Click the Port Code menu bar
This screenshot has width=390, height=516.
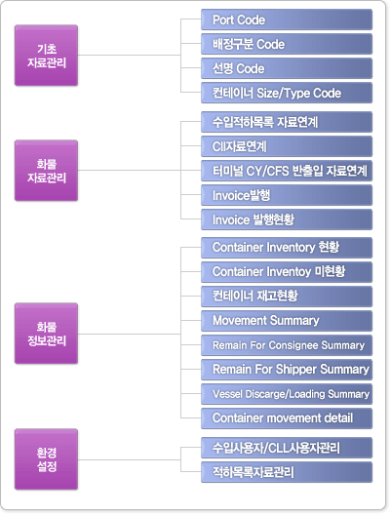click(287, 20)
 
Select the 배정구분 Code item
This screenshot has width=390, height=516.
click(287, 44)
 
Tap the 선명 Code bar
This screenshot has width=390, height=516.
click(287, 68)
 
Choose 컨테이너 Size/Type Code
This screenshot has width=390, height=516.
click(287, 93)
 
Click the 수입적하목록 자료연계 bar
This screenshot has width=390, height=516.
click(287, 122)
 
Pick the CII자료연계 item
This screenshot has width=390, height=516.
click(287, 146)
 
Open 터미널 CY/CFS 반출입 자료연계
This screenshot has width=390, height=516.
click(287, 171)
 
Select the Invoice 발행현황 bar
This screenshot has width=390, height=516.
click(287, 219)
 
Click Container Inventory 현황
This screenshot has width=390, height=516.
click(287, 248)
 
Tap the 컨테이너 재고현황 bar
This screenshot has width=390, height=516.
click(287, 297)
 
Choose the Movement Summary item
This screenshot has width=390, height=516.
click(287, 321)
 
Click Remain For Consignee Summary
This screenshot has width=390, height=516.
click(287, 345)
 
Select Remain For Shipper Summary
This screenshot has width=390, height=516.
click(287, 370)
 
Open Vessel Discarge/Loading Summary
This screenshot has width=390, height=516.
click(287, 394)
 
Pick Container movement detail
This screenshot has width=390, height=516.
click(287, 418)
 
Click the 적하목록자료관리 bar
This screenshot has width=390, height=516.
click(287, 472)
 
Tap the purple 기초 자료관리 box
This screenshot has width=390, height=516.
click(47, 56)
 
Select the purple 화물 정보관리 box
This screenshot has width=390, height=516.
click(47, 334)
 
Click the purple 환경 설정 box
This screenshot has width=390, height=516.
click(47, 459)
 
